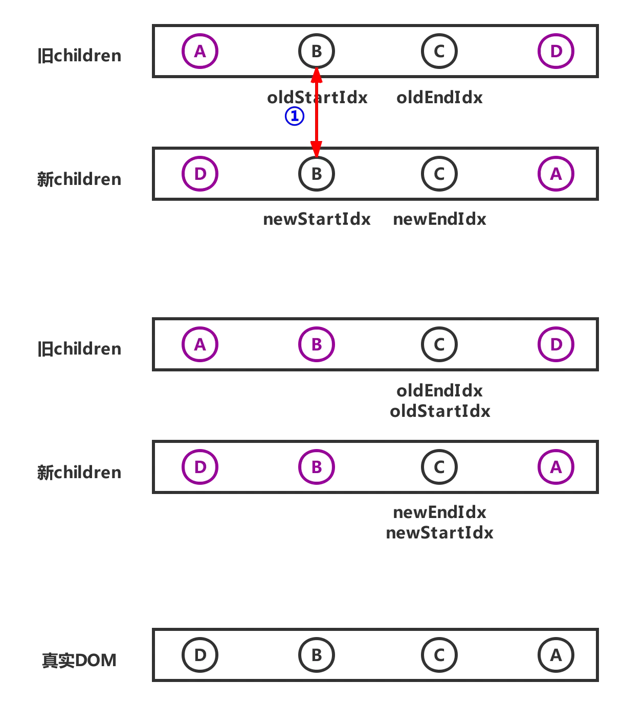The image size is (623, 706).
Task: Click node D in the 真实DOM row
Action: (x=200, y=654)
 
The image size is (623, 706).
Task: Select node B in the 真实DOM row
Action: (x=317, y=654)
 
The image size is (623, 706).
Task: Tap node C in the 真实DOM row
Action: (x=439, y=654)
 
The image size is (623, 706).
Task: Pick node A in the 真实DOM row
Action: (x=555, y=654)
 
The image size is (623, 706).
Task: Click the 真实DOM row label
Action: (x=79, y=661)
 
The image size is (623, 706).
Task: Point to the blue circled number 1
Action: (x=294, y=116)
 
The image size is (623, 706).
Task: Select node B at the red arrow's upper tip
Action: (x=317, y=51)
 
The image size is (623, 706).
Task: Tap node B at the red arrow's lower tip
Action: (x=317, y=174)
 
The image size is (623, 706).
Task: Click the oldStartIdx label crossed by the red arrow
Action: (x=317, y=98)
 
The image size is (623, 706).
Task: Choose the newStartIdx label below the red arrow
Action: (x=316, y=219)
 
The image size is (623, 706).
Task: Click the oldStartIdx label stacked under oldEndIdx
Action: (x=439, y=411)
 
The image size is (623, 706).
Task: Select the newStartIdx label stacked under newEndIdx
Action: (x=439, y=532)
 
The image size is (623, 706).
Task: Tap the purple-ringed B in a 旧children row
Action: (x=317, y=344)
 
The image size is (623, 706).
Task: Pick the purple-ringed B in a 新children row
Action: (x=317, y=467)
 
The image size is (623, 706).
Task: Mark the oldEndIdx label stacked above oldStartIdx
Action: (x=439, y=391)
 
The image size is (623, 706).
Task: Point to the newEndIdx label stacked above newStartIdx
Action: (x=439, y=512)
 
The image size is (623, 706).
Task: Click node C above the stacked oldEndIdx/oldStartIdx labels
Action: (x=439, y=344)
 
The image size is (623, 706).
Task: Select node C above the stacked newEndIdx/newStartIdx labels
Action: (x=439, y=467)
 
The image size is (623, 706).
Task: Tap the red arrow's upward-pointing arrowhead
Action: (x=317, y=75)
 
